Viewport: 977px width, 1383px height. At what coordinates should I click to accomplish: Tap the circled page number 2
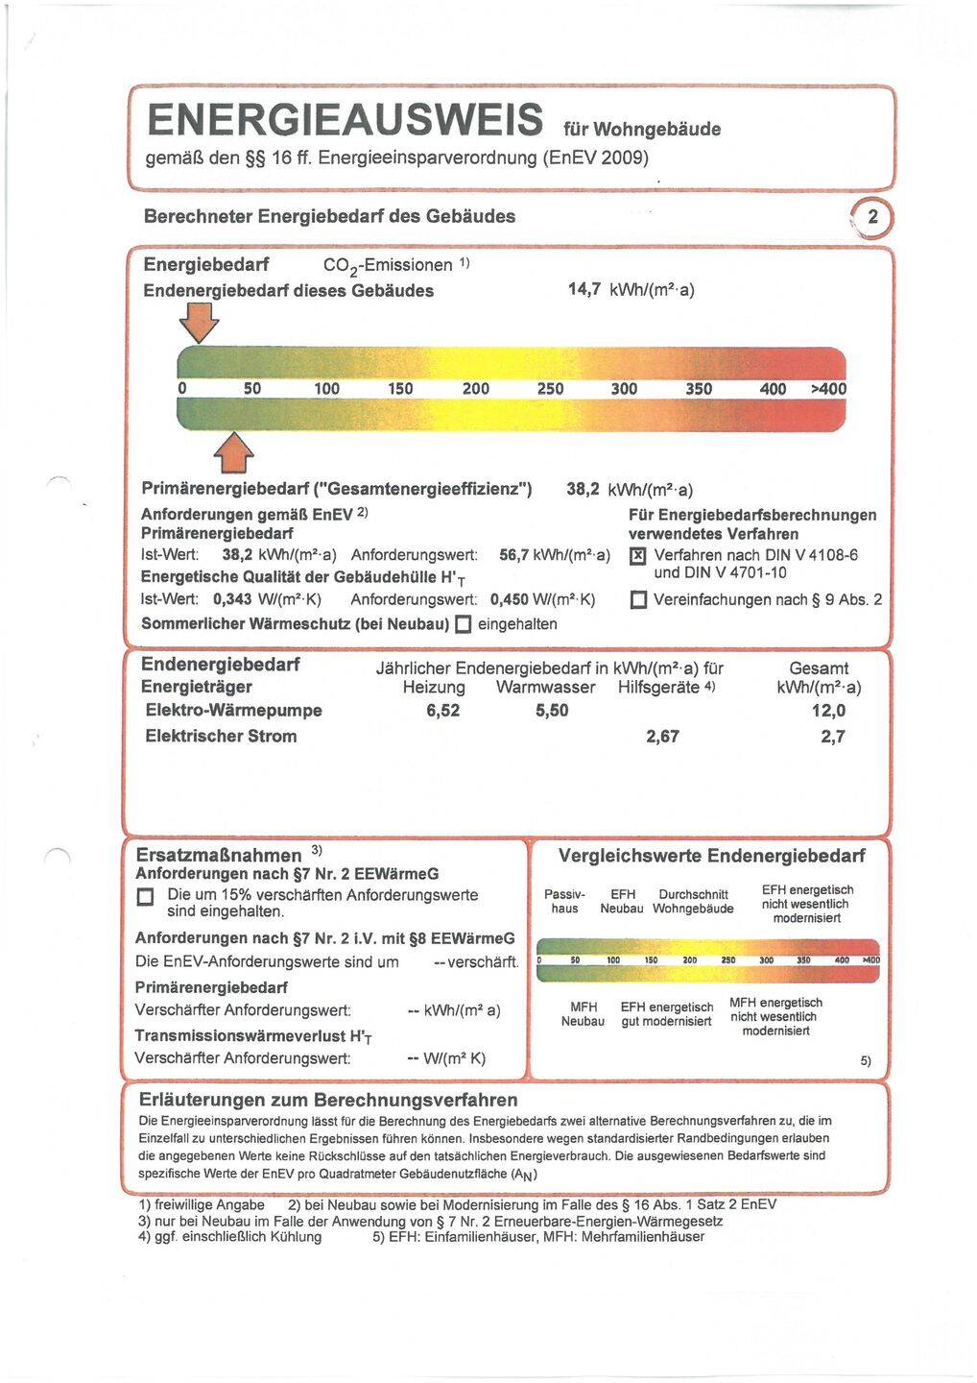click(872, 218)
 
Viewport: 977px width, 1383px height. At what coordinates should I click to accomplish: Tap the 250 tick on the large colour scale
click(550, 389)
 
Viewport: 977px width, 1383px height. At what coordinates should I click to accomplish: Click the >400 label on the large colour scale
click(828, 389)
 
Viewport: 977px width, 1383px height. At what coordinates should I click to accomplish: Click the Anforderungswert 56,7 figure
click(515, 555)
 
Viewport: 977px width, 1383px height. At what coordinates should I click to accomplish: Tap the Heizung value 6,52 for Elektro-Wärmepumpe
click(442, 711)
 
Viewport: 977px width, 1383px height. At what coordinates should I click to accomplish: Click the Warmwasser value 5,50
click(552, 711)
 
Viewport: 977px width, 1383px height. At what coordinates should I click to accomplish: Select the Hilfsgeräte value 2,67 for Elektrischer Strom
click(662, 737)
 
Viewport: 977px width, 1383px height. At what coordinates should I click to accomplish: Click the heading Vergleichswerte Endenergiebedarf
click(711, 856)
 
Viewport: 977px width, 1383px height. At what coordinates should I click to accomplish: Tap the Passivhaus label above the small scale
click(564, 901)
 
